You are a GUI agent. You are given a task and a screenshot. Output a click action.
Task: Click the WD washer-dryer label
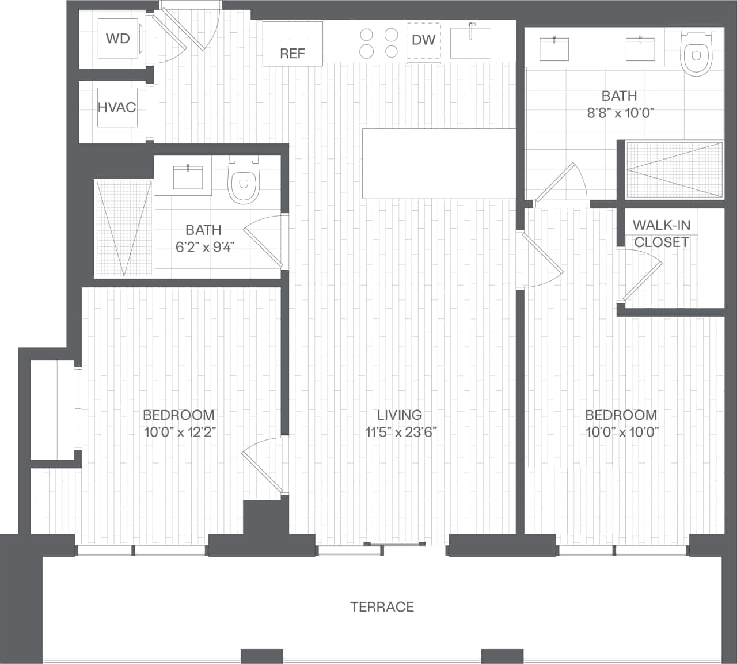pos(117,39)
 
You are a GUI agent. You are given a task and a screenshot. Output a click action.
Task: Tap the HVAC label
pos(117,107)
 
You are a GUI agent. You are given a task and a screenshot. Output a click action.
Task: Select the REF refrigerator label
pos(292,54)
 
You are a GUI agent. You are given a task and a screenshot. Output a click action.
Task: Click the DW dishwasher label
pos(423,40)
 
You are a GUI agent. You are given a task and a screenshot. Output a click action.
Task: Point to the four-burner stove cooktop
pos(379,43)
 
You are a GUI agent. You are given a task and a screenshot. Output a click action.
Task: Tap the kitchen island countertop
pos(439,164)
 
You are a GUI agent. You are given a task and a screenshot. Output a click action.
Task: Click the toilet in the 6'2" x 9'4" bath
pos(244,181)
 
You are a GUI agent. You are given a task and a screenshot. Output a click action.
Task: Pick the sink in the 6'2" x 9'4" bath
pos(188,177)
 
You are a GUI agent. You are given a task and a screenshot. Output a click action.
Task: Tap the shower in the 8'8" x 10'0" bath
pos(674,169)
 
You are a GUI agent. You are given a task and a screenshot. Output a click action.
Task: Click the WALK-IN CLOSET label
pos(661,233)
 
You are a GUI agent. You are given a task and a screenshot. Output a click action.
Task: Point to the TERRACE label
pos(382,606)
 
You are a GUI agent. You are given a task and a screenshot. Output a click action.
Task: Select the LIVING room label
pos(399,415)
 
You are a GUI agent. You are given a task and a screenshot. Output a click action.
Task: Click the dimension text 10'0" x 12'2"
pos(180,432)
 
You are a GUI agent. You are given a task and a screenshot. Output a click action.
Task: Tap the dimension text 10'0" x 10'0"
pos(622,432)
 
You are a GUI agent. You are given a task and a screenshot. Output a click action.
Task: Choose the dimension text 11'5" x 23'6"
pos(401,432)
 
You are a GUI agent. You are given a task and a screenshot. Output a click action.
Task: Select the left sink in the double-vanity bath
pos(554,49)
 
